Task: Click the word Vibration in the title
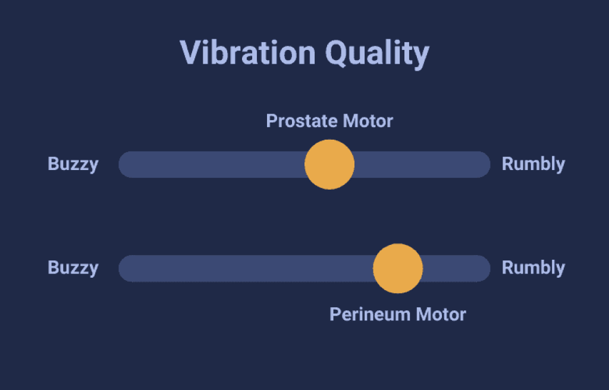tap(247, 53)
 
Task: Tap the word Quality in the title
tap(377, 54)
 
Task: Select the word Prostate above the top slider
tap(302, 121)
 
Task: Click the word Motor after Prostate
tap(368, 121)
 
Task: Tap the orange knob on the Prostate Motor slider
tap(329, 164)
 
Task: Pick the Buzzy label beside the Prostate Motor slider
tap(73, 164)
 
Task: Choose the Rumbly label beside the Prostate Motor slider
tap(533, 164)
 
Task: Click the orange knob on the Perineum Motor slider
tap(398, 268)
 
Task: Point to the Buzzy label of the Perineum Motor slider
tap(73, 268)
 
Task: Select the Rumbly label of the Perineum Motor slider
tap(533, 268)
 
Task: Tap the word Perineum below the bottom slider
tap(370, 314)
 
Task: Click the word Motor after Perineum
tap(441, 314)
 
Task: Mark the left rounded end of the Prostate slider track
tap(119, 164)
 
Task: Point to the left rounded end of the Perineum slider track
tap(119, 268)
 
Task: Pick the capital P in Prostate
tap(271, 121)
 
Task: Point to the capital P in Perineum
tap(334, 314)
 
